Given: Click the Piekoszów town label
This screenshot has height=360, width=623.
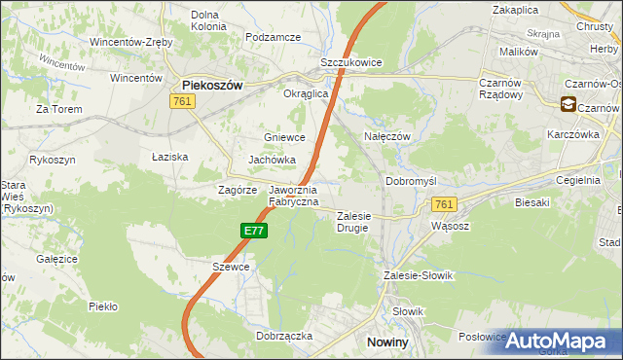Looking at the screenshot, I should click(x=212, y=85).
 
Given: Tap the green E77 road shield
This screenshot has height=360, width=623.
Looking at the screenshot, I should click(x=253, y=231).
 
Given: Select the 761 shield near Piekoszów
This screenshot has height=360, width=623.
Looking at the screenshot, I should click(x=181, y=101).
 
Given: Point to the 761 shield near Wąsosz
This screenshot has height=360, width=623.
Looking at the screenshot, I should click(x=444, y=204).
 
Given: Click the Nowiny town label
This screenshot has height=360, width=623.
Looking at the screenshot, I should click(x=385, y=342).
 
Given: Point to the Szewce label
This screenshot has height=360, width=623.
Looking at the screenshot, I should click(x=231, y=267).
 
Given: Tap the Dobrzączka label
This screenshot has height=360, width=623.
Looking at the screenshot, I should click(x=284, y=335).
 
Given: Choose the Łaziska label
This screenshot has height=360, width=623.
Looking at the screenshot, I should click(x=169, y=156).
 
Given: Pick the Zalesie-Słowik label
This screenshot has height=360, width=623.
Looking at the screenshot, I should click(x=420, y=275).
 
